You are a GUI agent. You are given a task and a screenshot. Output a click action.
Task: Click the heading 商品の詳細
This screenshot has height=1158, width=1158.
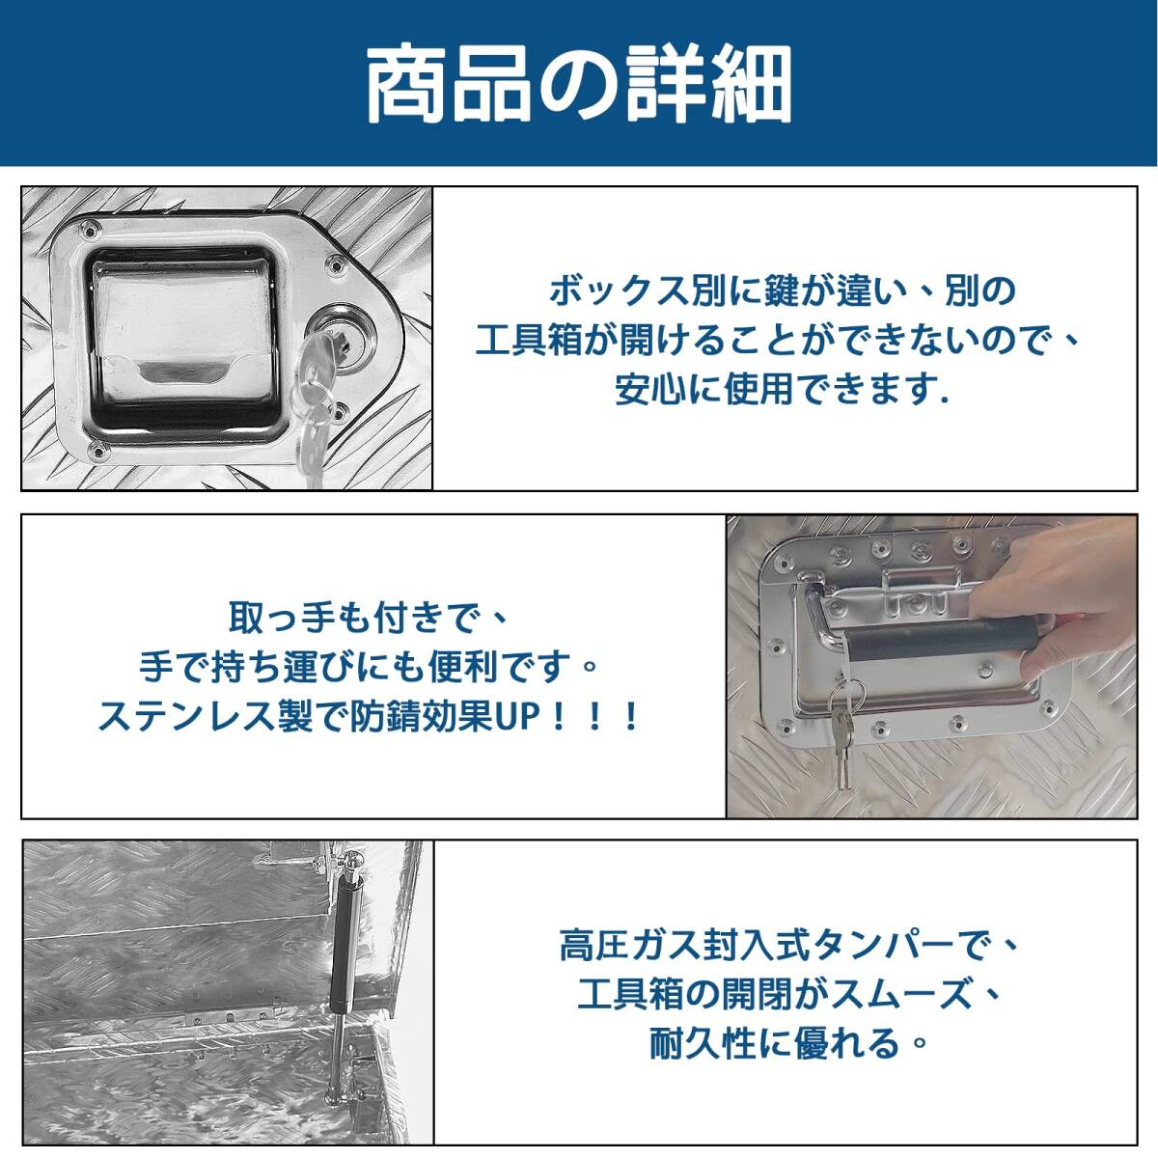579,85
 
